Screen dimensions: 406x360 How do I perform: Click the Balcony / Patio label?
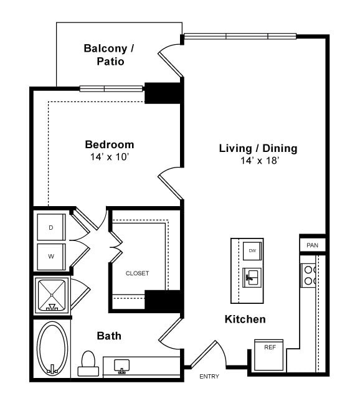(109, 55)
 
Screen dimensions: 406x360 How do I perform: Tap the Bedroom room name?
(109, 144)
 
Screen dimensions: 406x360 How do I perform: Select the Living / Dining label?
(258, 148)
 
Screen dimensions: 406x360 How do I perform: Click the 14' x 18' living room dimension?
(259, 161)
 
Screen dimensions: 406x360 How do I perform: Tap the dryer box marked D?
(51, 227)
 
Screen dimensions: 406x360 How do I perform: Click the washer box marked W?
(51, 257)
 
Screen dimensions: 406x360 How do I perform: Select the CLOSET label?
(137, 273)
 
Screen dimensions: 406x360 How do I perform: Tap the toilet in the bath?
(87, 363)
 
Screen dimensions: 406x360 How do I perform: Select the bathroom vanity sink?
(121, 366)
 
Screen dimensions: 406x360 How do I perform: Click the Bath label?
(109, 336)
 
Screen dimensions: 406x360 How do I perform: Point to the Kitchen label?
(245, 319)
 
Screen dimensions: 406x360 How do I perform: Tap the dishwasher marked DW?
(252, 250)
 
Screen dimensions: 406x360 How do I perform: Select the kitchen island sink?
(252, 276)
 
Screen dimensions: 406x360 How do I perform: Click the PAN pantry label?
(312, 245)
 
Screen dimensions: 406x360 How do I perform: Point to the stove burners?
(309, 275)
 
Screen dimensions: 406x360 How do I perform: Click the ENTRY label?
(209, 377)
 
